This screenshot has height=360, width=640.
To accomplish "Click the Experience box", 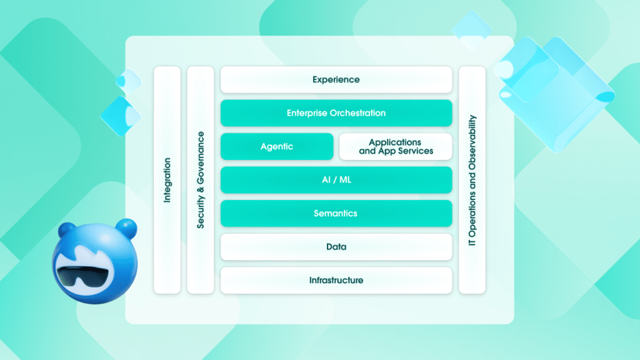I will (x=336, y=80).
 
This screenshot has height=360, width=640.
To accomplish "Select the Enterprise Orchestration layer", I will (x=336, y=113).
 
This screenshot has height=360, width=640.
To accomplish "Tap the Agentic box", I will (x=277, y=147).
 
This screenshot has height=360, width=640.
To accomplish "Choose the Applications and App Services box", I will (x=396, y=147).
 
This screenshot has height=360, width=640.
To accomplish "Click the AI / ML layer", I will (x=336, y=180).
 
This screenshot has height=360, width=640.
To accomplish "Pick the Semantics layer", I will (x=336, y=214).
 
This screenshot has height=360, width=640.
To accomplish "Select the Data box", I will (x=336, y=247).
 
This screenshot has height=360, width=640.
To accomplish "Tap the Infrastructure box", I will (x=336, y=280).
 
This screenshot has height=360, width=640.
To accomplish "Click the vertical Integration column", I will (x=167, y=180).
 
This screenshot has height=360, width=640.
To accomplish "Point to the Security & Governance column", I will (x=201, y=180).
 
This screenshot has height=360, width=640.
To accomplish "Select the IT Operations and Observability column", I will (x=472, y=180).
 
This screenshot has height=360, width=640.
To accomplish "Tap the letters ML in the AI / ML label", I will (x=346, y=180).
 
